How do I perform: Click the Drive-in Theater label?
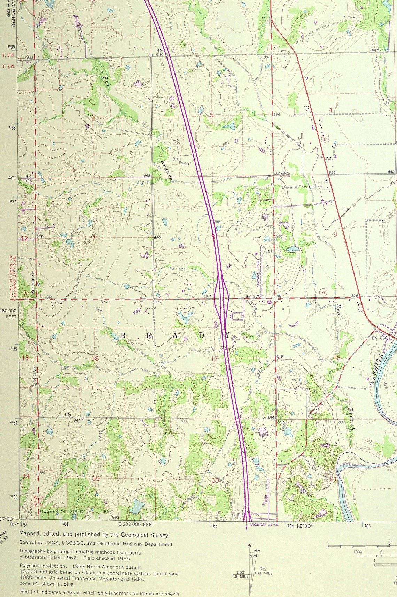[x=298, y=187]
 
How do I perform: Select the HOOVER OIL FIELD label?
[x=62, y=511]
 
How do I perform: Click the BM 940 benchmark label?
[x=160, y=53]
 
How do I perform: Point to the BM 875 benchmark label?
[x=253, y=296]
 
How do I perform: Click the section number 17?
[x=214, y=359]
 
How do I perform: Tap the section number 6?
[x=93, y=117]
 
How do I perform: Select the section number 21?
[x=333, y=479]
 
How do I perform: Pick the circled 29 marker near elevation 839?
[x=323, y=292]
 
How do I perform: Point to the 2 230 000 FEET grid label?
[x=136, y=524]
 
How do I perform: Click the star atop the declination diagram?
[x=250, y=546]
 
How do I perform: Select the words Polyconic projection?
[x=42, y=567]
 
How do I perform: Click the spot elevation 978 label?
[x=40, y=237]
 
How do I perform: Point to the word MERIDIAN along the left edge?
[x=34, y=282]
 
